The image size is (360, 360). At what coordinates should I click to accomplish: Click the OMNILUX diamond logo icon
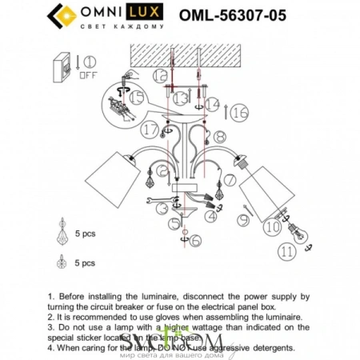click(x=62, y=15)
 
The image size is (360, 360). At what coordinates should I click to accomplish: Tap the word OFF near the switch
click(x=88, y=78)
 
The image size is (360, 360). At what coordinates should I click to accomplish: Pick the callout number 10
click(x=274, y=229)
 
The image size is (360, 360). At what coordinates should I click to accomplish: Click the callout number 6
click(x=196, y=239)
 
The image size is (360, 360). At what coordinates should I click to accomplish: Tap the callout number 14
click(x=211, y=105)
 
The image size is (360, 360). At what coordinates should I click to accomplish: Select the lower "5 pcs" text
click(x=86, y=262)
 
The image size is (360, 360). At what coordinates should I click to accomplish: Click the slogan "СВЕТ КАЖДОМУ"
click(x=124, y=26)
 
